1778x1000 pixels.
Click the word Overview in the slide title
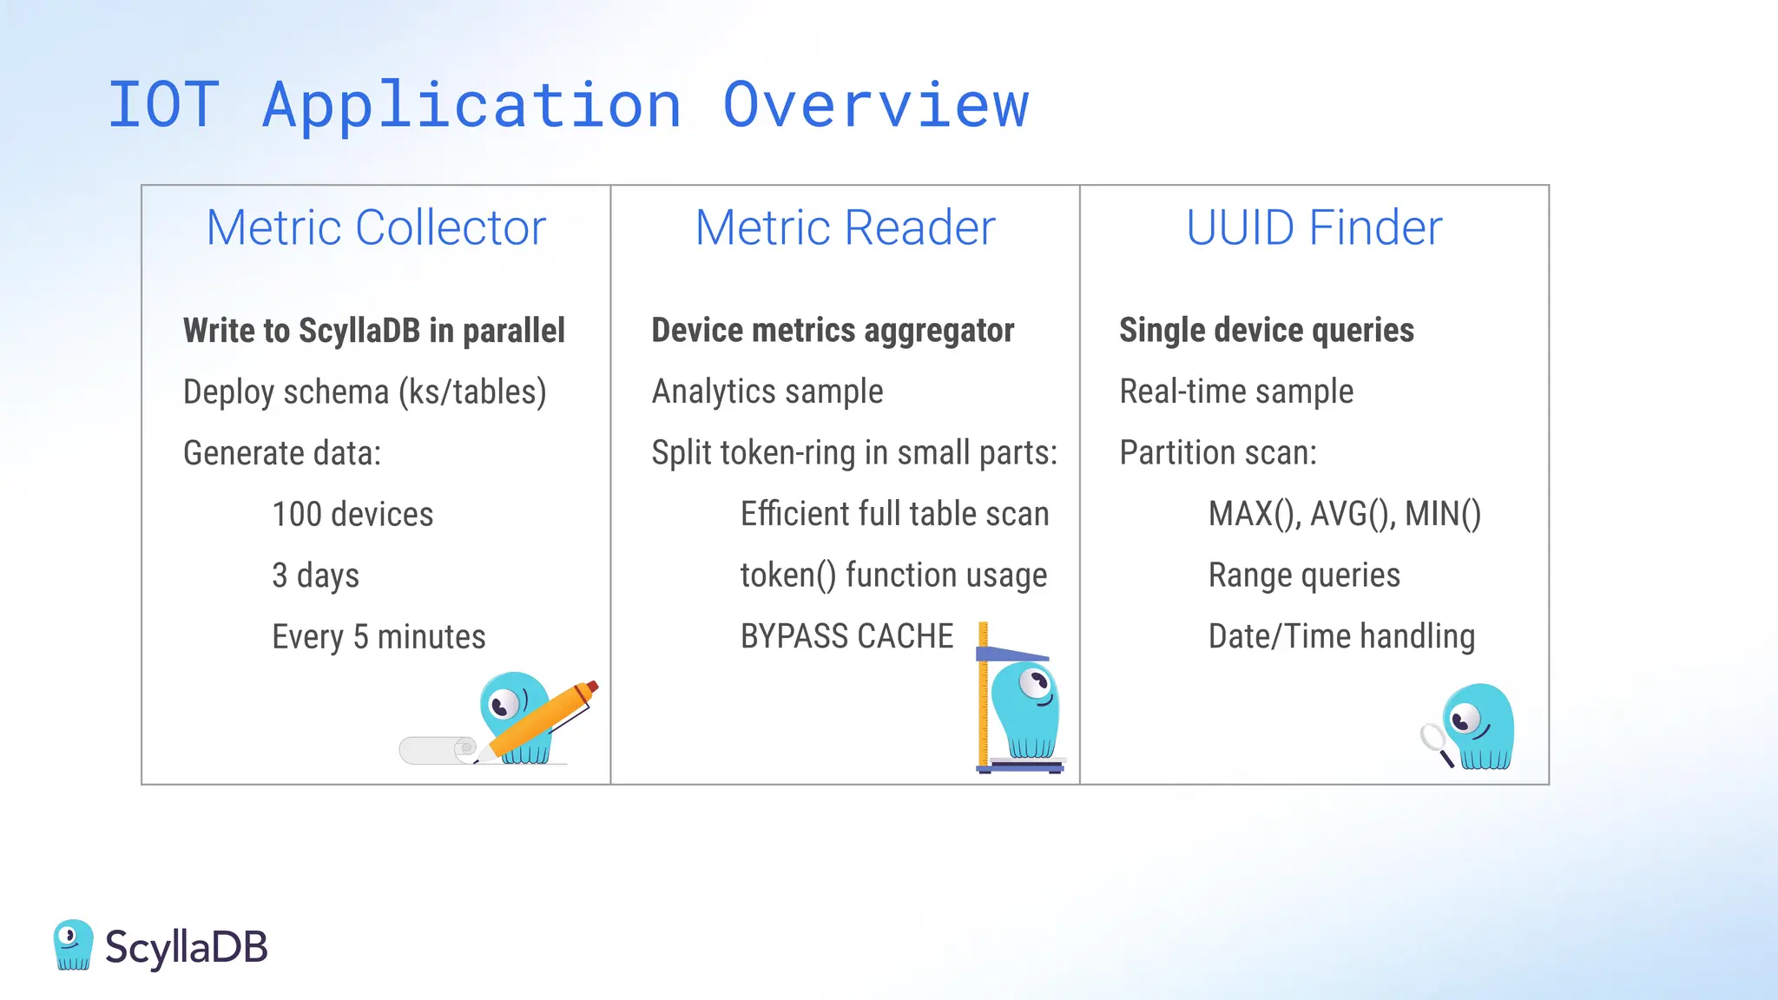[x=875, y=105]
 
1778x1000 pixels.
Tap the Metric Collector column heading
[x=376, y=227]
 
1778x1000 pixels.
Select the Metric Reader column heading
[x=845, y=227]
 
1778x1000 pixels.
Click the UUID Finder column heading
[x=1314, y=227]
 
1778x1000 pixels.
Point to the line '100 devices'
[x=352, y=514]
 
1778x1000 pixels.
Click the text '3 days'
[x=315, y=576]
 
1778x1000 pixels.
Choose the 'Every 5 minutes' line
[x=379, y=637]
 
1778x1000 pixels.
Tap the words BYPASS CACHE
[x=846, y=636]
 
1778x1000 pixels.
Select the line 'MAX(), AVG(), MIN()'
[x=1344, y=514]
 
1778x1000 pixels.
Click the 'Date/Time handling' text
[x=1341, y=636]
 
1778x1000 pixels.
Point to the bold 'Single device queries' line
[x=1266, y=330]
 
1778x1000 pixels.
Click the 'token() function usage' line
[x=893, y=576]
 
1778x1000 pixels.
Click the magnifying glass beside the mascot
[x=1432, y=740]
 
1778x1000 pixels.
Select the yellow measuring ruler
[x=983, y=694]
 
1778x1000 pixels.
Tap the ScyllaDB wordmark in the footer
[x=186, y=947]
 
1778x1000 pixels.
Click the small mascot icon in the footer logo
[x=73, y=944]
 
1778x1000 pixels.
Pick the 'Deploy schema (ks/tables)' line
[x=365, y=391]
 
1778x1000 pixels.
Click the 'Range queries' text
[x=1304, y=576]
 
